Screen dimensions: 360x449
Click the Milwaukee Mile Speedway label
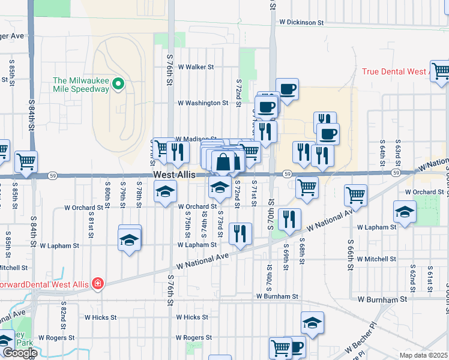(x=81, y=85)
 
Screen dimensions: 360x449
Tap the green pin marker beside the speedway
(x=119, y=85)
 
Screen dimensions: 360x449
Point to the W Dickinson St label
(x=301, y=22)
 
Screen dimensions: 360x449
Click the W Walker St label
(x=200, y=67)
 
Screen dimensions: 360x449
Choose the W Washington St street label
(x=203, y=103)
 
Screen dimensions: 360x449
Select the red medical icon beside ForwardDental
(x=97, y=284)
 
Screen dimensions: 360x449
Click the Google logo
(x=19, y=353)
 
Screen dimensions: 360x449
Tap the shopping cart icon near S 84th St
(x=26, y=161)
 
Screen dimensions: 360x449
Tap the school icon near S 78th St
(x=129, y=240)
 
